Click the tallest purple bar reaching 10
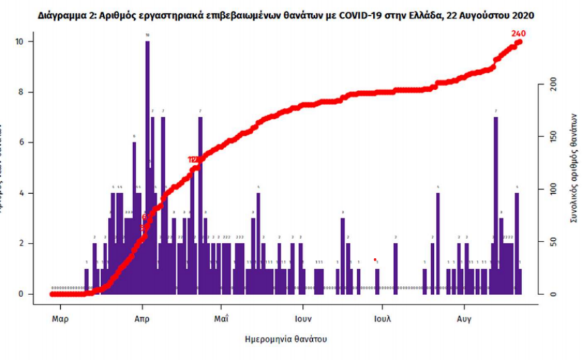point(147,165)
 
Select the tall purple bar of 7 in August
point(496,205)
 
